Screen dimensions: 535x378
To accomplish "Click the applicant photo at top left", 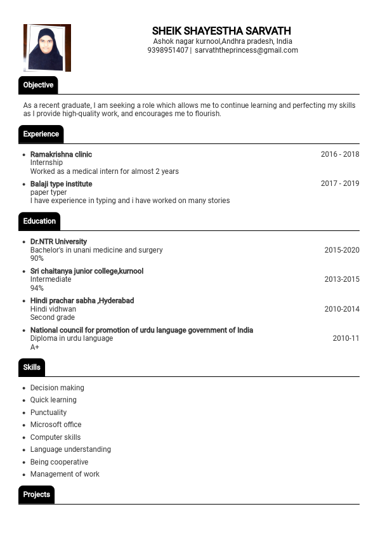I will [47, 48].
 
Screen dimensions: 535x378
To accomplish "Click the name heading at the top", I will [221, 31].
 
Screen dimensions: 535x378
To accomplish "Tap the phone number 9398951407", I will [167, 50].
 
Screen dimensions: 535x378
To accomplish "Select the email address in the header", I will [246, 50].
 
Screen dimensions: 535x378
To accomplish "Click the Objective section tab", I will [38, 85].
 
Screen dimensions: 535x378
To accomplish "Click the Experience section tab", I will [41, 134].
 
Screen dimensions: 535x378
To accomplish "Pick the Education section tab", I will [39, 221].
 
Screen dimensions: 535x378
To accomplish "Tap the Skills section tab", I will [32, 367].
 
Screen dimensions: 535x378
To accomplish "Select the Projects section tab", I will [36, 494].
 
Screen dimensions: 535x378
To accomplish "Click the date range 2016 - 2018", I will [339, 154].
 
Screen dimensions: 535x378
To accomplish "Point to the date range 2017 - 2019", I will [339, 183].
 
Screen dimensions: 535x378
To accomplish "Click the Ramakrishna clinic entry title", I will [61, 154].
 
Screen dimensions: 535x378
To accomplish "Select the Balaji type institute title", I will [61, 184].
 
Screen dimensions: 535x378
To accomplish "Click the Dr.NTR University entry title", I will [58, 242].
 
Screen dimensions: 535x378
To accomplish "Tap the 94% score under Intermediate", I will [37, 288].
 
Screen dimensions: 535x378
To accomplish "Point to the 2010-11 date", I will [346, 338].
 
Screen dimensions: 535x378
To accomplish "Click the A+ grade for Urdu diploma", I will [35, 347].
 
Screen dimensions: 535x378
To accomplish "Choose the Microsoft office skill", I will [56, 425].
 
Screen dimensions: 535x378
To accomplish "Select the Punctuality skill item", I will [48, 413].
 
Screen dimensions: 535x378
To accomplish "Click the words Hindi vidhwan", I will [53, 309].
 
